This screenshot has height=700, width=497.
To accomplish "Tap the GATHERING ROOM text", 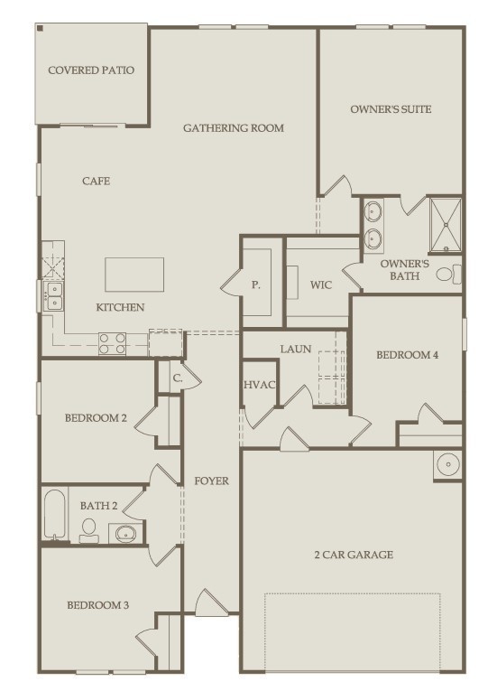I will pyautogui.click(x=233, y=128).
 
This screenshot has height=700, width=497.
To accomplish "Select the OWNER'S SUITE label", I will pyautogui.click(x=391, y=109).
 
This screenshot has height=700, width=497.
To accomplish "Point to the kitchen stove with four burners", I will pyautogui.click(x=112, y=343).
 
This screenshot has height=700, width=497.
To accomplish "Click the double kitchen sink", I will pyautogui.click(x=54, y=295).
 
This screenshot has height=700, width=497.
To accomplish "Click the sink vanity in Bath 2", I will pyautogui.click(x=124, y=534).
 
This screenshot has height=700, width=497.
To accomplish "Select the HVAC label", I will pyautogui.click(x=259, y=385).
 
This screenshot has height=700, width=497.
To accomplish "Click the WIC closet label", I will pyautogui.click(x=321, y=285).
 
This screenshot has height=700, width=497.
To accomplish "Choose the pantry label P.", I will pyautogui.click(x=255, y=285).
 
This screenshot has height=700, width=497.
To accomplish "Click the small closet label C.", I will pyautogui.click(x=178, y=379).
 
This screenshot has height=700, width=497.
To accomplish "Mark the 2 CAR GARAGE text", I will pyautogui.click(x=353, y=555).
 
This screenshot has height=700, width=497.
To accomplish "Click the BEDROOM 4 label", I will pyautogui.click(x=407, y=355).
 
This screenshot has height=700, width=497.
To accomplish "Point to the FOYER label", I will pyautogui.click(x=211, y=481).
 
